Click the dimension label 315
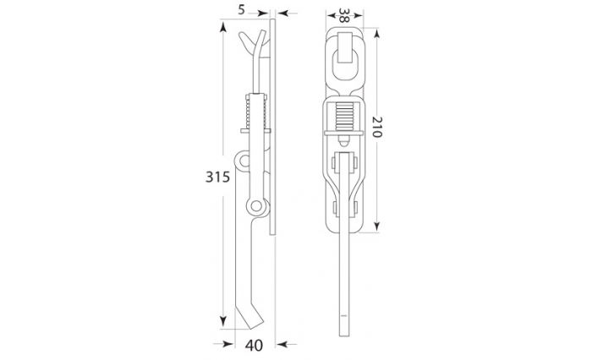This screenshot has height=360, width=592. [x=217, y=177]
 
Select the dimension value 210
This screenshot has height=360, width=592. [x=377, y=127]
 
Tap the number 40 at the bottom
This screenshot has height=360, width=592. [x=254, y=346]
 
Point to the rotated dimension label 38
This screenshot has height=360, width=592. [x=343, y=15]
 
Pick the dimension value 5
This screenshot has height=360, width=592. [x=242, y=10]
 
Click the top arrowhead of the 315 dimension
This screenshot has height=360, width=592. [x=223, y=27]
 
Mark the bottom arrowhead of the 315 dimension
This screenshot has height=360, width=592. [x=223, y=321]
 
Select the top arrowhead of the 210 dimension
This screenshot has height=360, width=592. [x=377, y=34]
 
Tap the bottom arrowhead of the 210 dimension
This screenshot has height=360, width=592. [x=377, y=226]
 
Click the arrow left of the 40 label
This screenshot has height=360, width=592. [x=223, y=344]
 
